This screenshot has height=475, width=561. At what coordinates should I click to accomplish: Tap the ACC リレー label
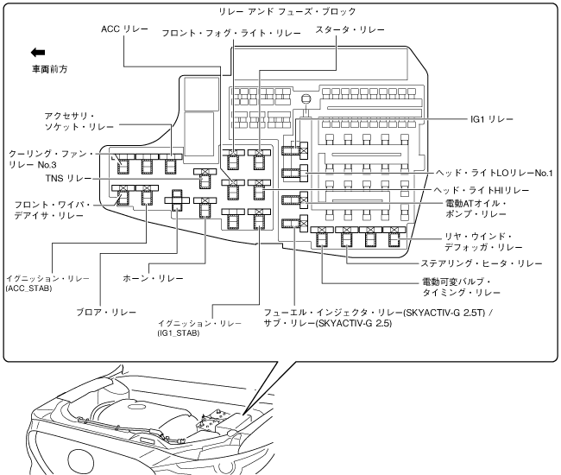pyautogui.click(x=123, y=28)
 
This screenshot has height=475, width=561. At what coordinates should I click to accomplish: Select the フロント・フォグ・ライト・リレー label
pyautogui.click(x=231, y=33)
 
